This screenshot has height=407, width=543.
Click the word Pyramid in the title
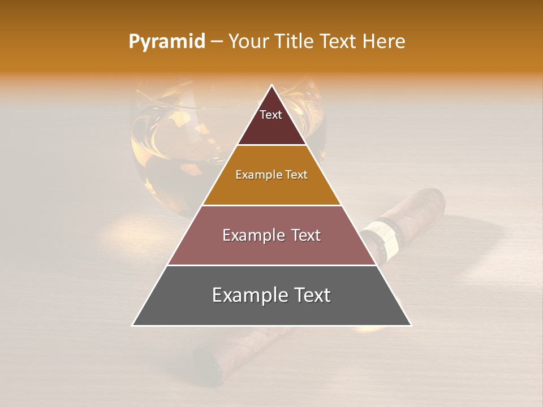pos(167,42)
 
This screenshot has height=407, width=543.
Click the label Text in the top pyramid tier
pos(271,115)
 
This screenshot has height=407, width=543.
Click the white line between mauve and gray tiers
pos(271,265)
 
